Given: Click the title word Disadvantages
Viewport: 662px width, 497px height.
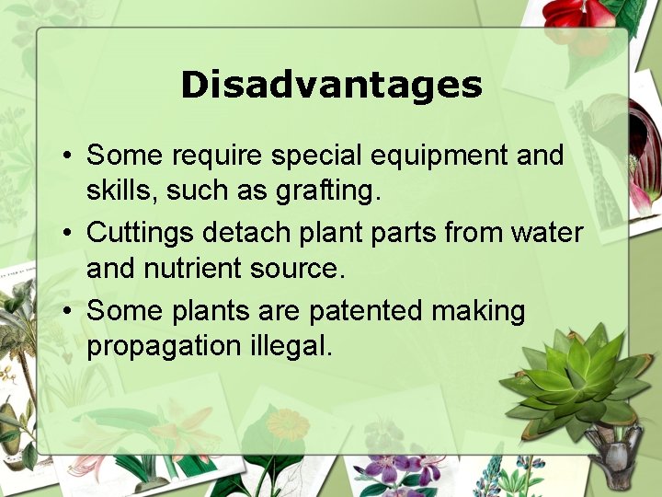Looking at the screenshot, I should click(331, 85).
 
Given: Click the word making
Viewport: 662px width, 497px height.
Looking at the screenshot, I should click(478, 311).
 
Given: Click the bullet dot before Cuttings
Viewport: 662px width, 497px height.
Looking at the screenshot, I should click(68, 234).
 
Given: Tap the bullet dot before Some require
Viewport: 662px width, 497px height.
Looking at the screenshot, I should click(68, 156).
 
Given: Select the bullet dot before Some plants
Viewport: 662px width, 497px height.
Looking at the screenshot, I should click(68, 312).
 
